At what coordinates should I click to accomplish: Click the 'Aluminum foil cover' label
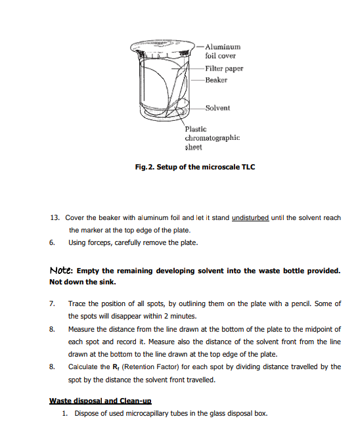tap(223, 51)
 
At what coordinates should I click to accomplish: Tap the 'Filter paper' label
tap(224, 68)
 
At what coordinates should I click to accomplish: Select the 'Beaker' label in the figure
tap(216, 80)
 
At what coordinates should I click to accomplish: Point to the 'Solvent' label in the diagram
tap(217, 108)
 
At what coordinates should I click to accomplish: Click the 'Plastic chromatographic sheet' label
tap(212, 138)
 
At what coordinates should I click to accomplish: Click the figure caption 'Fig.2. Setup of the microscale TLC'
tap(195, 167)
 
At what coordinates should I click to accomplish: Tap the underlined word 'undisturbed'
tap(250, 217)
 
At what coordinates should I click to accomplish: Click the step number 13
tap(55, 217)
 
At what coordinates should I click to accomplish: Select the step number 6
tap(52, 242)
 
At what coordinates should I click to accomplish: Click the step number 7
tap(52, 303)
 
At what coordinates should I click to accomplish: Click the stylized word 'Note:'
tap(61, 271)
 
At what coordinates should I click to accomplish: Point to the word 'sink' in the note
tap(108, 282)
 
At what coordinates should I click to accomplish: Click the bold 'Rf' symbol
tap(116, 367)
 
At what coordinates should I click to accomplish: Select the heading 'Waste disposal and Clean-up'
tap(101, 401)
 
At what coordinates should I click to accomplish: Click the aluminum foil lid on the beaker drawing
tap(162, 47)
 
